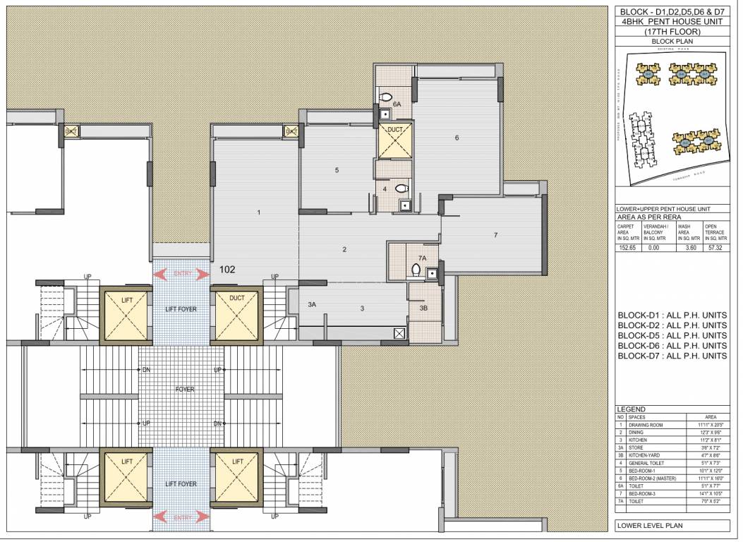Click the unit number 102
click(x=227, y=269)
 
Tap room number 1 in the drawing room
click(x=259, y=212)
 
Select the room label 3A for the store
click(x=312, y=304)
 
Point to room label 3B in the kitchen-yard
click(x=423, y=308)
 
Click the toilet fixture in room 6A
click(x=386, y=97)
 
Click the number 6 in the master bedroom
click(x=457, y=138)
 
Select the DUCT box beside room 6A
click(x=394, y=141)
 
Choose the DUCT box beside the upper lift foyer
click(x=237, y=313)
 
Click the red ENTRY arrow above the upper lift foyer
click(x=181, y=274)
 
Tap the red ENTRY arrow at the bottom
click(x=181, y=517)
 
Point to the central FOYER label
click(x=184, y=389)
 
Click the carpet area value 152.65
click(x=628, y=248)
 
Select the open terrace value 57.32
click(x=715, y=248)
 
